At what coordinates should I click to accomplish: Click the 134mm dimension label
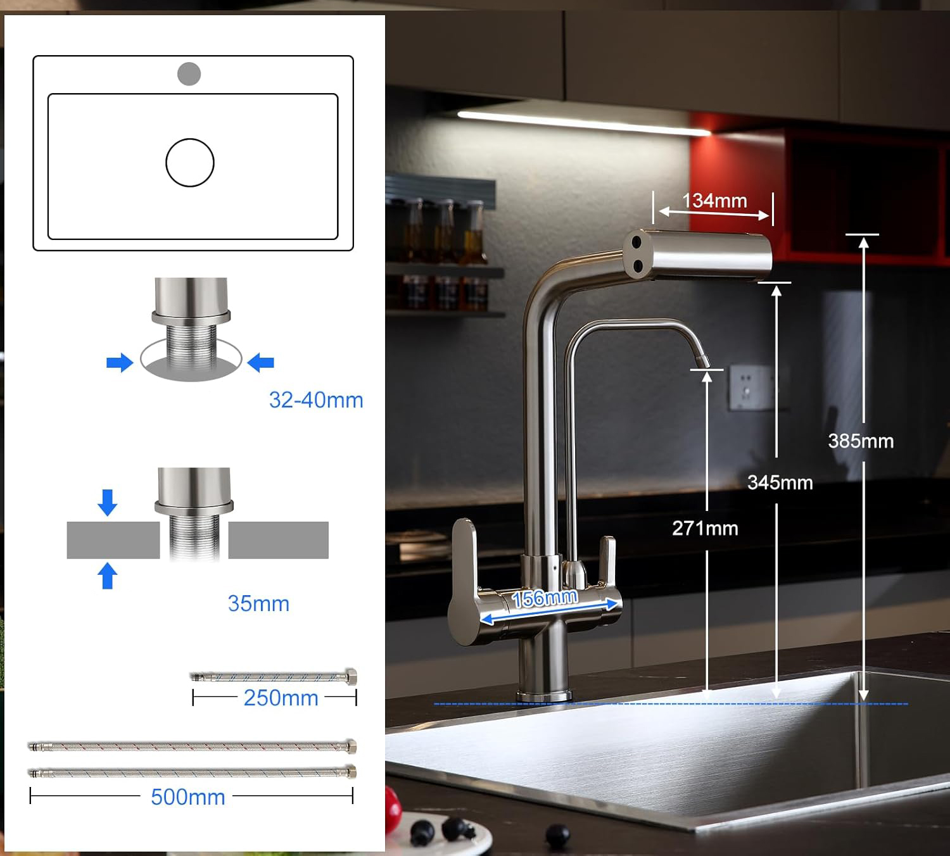click(714, 201)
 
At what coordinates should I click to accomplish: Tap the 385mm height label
click(861, 441)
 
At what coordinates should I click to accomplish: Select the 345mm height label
click(780, 482)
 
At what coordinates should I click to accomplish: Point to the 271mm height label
click(705, 528)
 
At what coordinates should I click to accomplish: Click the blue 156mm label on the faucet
click(545, 598)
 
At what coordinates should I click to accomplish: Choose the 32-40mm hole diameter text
click(316, 400)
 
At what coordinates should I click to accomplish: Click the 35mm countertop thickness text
click(258, 603)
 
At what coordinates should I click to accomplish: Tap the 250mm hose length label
click(281, 698)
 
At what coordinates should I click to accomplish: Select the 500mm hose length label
click(188, 797)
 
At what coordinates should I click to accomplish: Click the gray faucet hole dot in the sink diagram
click(189, 74)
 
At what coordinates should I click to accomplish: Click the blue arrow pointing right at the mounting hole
click(120, 363)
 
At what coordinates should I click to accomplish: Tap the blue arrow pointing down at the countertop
click(108, 502)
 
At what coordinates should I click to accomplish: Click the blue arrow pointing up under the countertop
click(108, 576)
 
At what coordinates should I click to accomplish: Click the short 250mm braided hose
click(274, 677)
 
